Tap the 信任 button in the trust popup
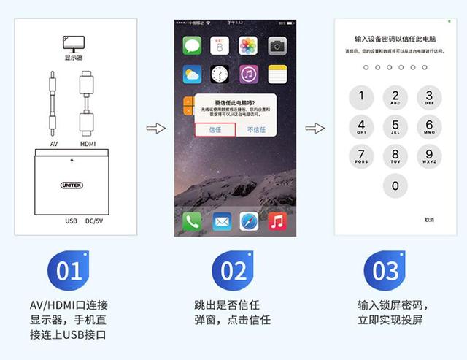tap(215, 129)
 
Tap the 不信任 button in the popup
tap(256, 129)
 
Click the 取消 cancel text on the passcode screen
tap(429, 220)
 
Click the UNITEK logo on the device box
tap(72, 185)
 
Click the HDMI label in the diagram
tap(88, 144)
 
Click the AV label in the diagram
tap(53, 144)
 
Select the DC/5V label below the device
tap(96, 220)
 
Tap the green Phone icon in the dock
tap(191, 221)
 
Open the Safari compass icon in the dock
tap(249, 221)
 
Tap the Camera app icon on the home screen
tap(277, 46)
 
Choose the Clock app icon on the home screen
tap(220, 74)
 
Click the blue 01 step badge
tap(69, 271)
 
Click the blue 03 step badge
tap(385, 271)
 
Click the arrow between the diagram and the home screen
tap(155, 129)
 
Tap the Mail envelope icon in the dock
tap(221, 221)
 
